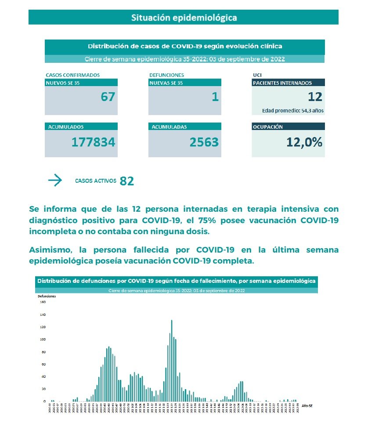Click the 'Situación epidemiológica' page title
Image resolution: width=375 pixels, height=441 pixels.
pos(184,18)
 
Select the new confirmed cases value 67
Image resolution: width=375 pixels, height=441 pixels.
pos(108,97)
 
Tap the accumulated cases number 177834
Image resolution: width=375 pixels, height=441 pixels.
pos(94,142)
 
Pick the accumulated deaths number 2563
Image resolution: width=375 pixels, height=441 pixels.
pos(204,142)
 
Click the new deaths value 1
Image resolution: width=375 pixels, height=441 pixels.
pos(215,97)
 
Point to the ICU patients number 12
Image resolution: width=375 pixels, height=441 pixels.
pos(315,97)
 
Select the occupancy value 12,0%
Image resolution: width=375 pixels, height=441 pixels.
pos(304,142)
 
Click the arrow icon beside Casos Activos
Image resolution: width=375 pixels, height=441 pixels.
pos(55,181)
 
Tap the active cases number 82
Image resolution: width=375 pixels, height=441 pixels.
pos(126,181)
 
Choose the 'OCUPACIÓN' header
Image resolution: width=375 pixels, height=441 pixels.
pos(268,127)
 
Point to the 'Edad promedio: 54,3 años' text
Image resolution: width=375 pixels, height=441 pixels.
pos(293,111)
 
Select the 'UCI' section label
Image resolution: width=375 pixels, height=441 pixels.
pos(257,75)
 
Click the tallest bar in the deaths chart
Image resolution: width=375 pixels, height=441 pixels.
pos(171,360)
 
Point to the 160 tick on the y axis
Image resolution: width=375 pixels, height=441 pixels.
pos(43,302)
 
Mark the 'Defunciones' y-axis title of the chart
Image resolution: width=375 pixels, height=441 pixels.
pos(47,296)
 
